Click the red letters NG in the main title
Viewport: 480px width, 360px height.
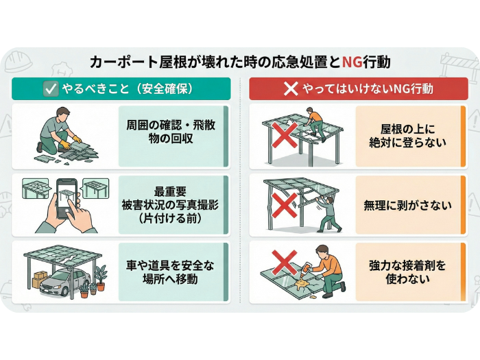pyautogui.click(x=352, y=62)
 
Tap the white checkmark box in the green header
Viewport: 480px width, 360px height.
pyautogui.click(x=51, y=88)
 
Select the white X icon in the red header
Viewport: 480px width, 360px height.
pyautogui.click(x=291, y=88)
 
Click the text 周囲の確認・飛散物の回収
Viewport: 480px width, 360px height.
pyautogui.click(x=171, y=132)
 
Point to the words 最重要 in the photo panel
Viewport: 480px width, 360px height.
pyautogui.click(x=170, y=191)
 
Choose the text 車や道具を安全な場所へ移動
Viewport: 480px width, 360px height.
pyautogui.click(x=170, y=272)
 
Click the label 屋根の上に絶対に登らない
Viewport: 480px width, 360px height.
pyautogui.click(x=408, y=136)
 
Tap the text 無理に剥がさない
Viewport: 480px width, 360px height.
pyautogui.click(x=407, y=205)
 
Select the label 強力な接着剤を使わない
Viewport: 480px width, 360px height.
pyautogui.click(x=407, y=272)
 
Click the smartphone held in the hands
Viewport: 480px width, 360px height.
pyautogui.click(x=67, y=199)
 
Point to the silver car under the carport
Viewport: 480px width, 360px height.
pyautogui.click(x=65, y=282)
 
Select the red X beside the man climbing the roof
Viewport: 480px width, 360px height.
pyautogui.click(x=285, y=135)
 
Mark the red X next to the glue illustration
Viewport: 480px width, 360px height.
pyautogui.click(x=285, y=263)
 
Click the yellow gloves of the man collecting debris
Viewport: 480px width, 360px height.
pyautogui.click(x=71, y=143)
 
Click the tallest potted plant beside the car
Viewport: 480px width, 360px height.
pyautogui.click(x=100, y=278)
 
